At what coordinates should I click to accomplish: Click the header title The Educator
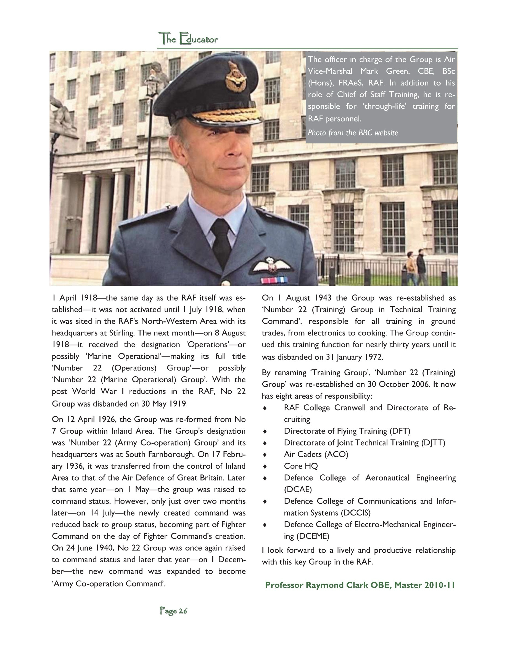[188, 39]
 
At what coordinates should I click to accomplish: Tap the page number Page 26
[173, 610]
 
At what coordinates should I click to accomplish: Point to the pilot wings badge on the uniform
[271, 265]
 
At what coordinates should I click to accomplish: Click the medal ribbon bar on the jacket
[274, 280]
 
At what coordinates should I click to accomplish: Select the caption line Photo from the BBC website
[353, 133]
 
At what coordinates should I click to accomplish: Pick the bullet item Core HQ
[301, 466]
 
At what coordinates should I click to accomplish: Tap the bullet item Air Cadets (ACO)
[316, 454]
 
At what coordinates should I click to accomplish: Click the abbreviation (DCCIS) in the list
[356, 512]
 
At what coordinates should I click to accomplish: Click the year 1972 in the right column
[373, 357]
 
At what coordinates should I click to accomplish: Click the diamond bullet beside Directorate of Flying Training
[265, 431]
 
